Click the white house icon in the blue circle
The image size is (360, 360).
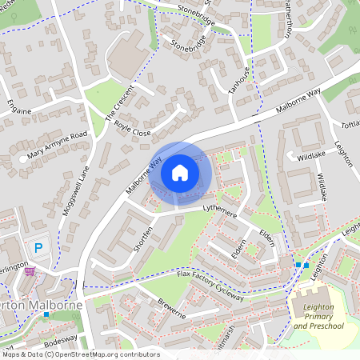pos(180,172)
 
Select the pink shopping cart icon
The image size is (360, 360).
pos(30,271)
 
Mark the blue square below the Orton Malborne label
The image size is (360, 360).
pos(46,314)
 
